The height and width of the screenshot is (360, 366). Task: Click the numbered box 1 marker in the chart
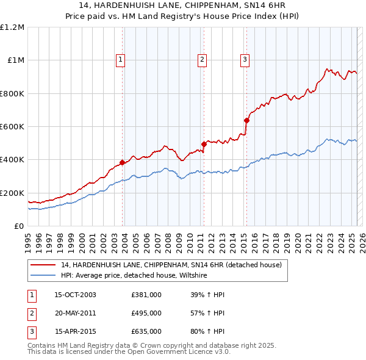pos(121,59)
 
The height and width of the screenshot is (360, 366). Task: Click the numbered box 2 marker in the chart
pos(202,59)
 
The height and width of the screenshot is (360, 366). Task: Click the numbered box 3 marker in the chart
pos(245,59)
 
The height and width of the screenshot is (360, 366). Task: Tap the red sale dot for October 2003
pos(123,162)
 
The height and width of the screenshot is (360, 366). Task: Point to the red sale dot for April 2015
pos(246,120)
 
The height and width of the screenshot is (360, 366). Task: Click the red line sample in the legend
pos(44,265)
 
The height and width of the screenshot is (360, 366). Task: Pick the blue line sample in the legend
pos(44,275)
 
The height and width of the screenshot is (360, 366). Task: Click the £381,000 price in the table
pos(146,295)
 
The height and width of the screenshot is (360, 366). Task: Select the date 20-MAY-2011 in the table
pos(75,313)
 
